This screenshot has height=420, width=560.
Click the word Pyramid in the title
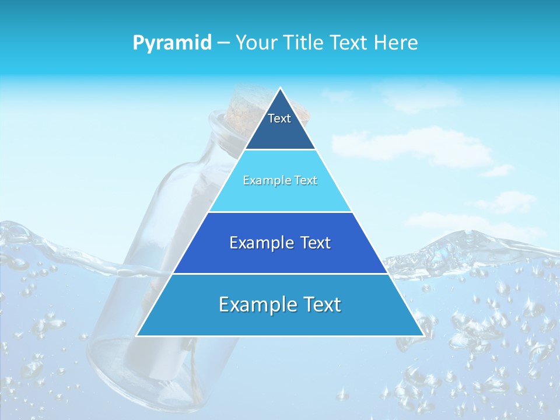(x=172, y=43)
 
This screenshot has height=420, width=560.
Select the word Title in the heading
(x=305, y=43)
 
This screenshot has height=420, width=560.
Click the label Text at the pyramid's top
(x=279, y=118)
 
